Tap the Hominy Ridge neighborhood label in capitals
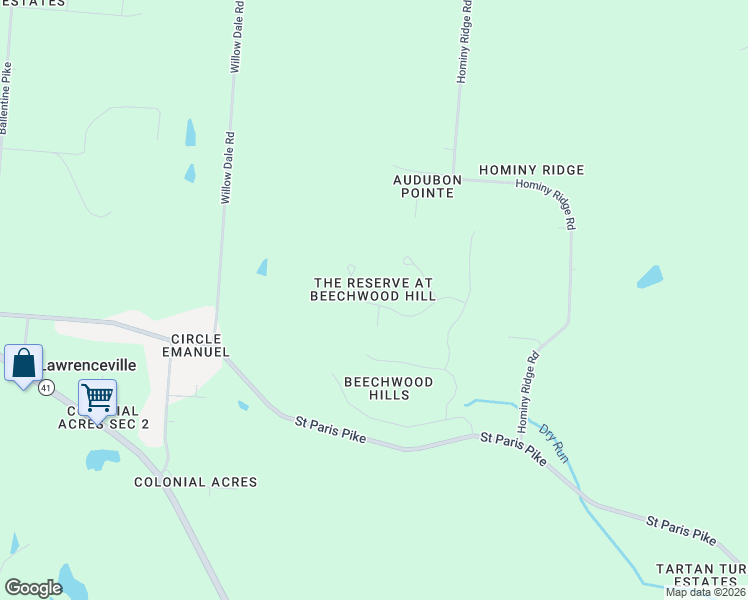(x=531, y=170)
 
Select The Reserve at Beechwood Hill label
(x=373, y=289)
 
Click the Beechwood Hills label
(x=389, y=388)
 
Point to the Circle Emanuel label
(x=200, y=345)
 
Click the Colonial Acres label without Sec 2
(x=196, y=482)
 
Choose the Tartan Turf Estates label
(x=700, y=575)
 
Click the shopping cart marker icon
(x=97, y=398)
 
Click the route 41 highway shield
(x=46, y=389)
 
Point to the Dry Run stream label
(x=553, y=444)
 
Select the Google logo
(x=33, y=588)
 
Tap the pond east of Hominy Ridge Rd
(x=650, y=277)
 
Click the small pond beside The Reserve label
(x=262, y=267)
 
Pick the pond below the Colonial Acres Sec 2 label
(x=102, y=459)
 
